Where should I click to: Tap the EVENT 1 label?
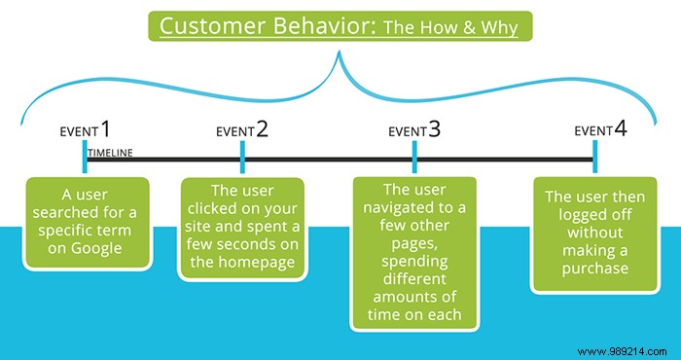(86, 130)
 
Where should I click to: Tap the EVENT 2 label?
(241, 130)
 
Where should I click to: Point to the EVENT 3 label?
(414, 130)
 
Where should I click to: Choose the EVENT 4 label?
(594, 130)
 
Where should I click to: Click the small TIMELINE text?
(110, 153)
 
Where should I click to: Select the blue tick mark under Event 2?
(241, 157)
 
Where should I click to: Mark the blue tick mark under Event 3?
(414, 157)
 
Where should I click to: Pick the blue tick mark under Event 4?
(594, 157)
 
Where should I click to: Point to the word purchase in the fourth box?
(593, 267)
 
